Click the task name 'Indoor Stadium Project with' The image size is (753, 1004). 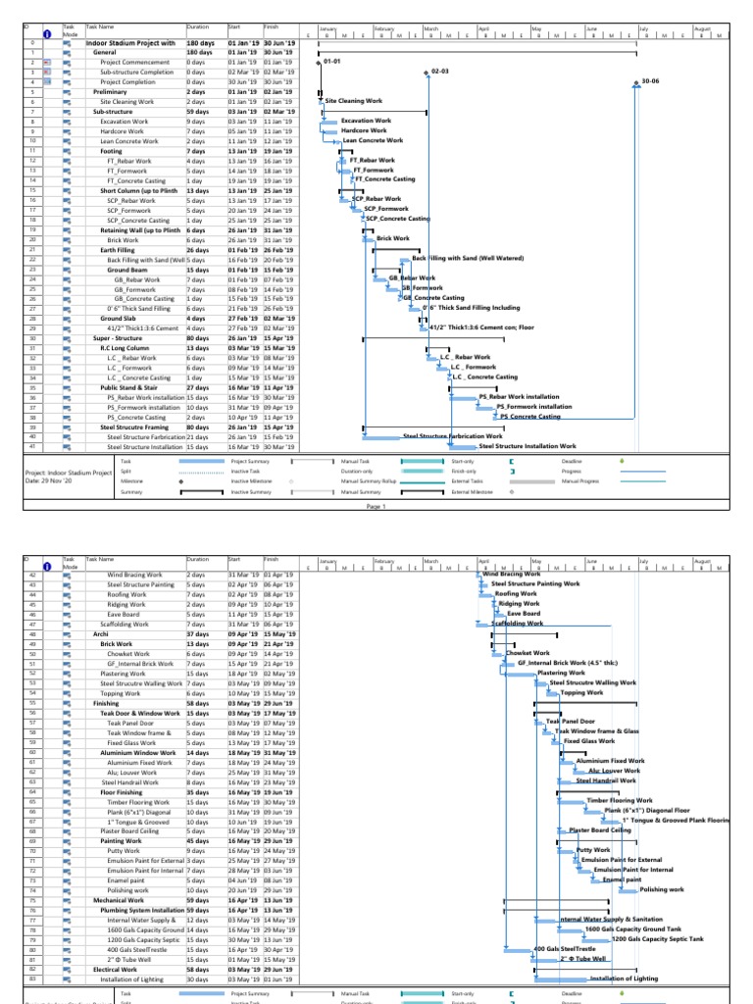tap(130, 43)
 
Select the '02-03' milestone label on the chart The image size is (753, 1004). tap(440, 72)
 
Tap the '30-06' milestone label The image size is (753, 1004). tap(650, 81)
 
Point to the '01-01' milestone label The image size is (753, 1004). tap(331, 62)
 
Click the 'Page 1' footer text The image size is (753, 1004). tap(376, 507)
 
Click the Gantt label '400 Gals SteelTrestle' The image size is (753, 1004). tap(564, 949)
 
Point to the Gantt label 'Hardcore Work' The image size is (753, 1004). tap(364, 130)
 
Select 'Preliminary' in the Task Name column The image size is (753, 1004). tap(111, 91)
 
